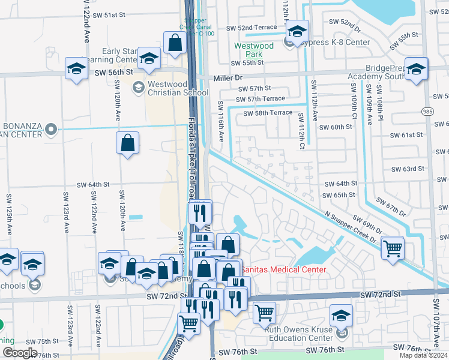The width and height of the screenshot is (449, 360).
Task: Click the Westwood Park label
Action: [x=253, y=50]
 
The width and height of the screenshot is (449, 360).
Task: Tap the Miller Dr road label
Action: [x=228, y=78]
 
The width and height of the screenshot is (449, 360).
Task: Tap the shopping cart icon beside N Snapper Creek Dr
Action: [x=392, y=247]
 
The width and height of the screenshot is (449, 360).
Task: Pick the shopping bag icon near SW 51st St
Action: [x=175, y=43]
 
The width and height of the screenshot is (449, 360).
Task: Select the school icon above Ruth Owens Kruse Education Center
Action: [x=341, y=316]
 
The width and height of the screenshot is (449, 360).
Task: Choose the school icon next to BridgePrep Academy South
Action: [x=416, y=69]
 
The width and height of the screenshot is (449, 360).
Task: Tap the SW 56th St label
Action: [x=113, y=72]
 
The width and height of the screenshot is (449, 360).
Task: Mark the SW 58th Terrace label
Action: [x=267, y=113]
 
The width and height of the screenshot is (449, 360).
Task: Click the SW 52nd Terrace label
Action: [x=252, y=28]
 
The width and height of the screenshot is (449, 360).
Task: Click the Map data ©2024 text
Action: [x=423, y=355]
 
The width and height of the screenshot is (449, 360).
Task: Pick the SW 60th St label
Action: [x=336, y=127]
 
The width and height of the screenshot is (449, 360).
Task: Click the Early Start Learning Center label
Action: [x=120, y=55]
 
